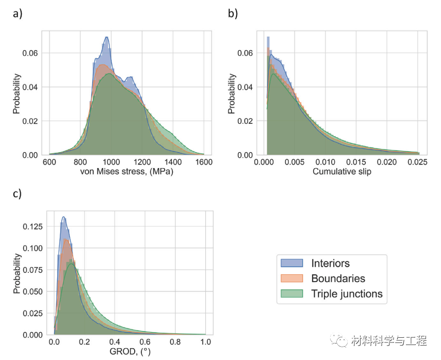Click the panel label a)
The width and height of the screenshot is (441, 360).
[x=18, y=14]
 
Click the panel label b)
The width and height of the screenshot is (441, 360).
[x=233, y=14]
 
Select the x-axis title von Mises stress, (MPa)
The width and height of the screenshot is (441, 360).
[x=126, y=172]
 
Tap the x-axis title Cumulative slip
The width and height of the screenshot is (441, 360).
[x=342, y=172]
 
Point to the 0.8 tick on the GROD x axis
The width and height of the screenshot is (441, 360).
[x=175, y=342]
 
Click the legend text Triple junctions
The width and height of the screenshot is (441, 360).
[x=347, y=294]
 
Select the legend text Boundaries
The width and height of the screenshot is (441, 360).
[x=338, y=279]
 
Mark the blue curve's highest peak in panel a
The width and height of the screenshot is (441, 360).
[x=107, y=38]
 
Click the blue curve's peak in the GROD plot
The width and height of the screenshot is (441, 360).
[x=63, y=217]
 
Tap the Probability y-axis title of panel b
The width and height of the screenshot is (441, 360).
[x=232, y=93]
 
